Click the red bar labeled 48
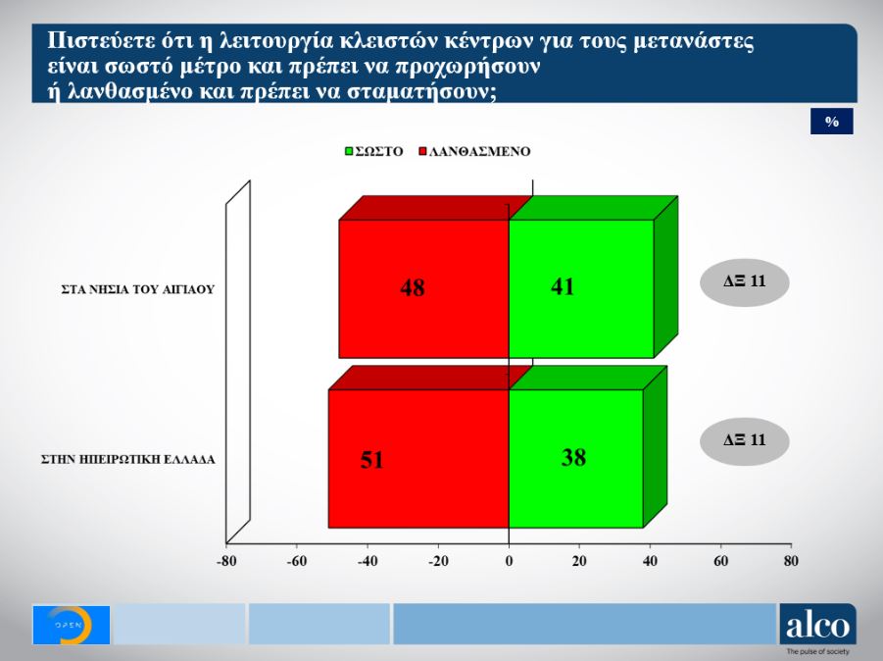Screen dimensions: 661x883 (x=423, y=288)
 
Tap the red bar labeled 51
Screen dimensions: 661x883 (x=418, y=459)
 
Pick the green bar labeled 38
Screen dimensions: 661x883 (x=575, y=458)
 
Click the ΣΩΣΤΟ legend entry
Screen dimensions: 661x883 (x=373, y=152)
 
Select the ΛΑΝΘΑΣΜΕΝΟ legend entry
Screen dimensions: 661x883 (x=473, y=152)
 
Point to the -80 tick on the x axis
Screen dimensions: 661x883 (x=226, y=562)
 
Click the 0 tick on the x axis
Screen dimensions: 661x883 (x=509, y=562)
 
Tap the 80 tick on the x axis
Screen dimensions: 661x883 (x=791, y=562)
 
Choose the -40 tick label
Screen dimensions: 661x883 (x=368, y=562)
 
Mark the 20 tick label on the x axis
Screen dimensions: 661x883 (x=579, y=562)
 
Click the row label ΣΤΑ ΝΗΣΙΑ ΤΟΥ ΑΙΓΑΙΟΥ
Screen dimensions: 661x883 (x=136, y=289)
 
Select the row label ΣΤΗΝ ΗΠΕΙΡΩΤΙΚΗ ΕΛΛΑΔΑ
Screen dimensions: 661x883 (x=127, y=458)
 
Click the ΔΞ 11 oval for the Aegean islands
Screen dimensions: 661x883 (x=744, y=281)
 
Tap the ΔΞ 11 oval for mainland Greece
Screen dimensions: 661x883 (x=744, y=440)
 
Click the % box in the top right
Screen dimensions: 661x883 (x=832, y=122)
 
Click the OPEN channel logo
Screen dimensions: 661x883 (x=71, y=625)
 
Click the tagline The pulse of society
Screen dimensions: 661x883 (x=817, y=651)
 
